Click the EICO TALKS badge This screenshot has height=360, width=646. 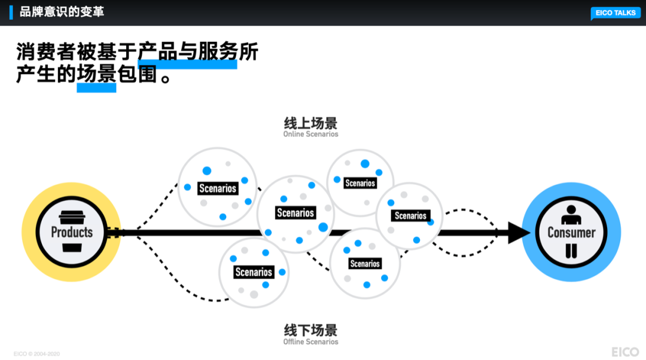[x=615, y=13]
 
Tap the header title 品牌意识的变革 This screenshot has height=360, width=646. [x=62, y=11]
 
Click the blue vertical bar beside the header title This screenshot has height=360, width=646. [x=11, y=11]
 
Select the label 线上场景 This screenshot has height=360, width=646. [x=310, y=123]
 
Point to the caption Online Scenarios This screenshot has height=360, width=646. [x=310, y=135]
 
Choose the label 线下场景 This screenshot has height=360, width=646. [x=310, y=330]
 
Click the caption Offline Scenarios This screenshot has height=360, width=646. [x=310, y=342]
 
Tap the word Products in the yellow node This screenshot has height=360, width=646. [x=72, y=232]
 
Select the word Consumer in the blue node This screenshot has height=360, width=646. [x=571, y=233]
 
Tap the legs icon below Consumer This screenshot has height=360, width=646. [x=571, y=251]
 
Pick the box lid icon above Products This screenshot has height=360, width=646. [x=72, y=217]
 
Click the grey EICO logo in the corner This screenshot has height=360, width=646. [x=624, y=352]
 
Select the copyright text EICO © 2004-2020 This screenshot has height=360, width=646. [x=36, y=354]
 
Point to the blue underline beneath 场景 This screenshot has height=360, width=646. [x=96, y=88]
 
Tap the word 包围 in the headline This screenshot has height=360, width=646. [x=139, y=75]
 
